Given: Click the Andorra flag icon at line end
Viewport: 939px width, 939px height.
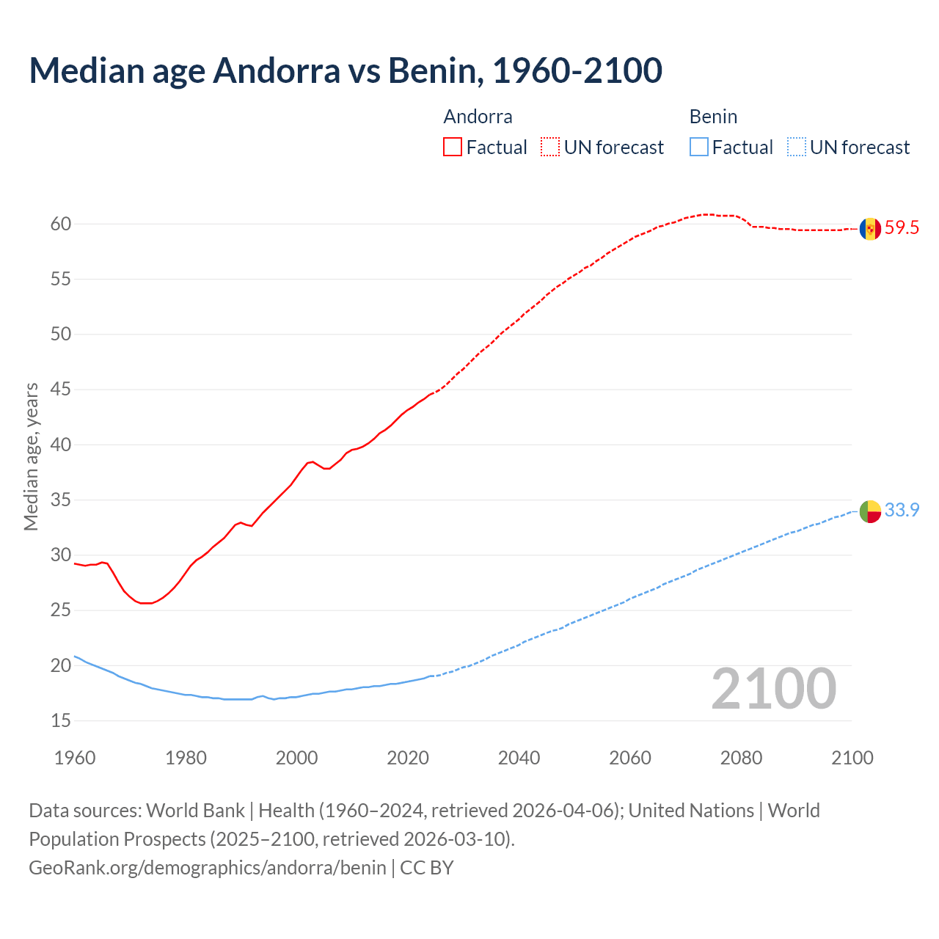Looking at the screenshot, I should pyautogui.click(x=870, y=228).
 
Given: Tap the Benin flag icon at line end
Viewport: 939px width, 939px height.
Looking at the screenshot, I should pyautogui.click(x=870, y=511).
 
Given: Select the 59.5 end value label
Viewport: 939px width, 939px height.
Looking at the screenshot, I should pyautogui.click(x=902, y=228).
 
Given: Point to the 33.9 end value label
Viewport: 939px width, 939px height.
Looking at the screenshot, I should pyautogui.click(x=902, y=511).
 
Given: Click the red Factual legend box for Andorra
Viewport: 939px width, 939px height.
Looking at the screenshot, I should pyautogui.click(x=453, y=147).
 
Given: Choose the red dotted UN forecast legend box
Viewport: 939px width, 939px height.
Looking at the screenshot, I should pyautogui.click(x=550, y=147).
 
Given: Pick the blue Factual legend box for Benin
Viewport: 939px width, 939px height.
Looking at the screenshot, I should pyautogui.click(x=699, y=147).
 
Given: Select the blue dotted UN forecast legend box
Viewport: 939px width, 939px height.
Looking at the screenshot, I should pyautogui.click(x=796, y=147).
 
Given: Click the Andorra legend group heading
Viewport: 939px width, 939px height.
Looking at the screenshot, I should pyautogui.click(x=478, y=117).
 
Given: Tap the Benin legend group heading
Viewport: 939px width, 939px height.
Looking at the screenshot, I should pyautogui.click(x=713, y=117).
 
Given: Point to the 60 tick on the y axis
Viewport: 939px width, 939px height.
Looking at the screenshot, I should pyautogui.click(x=61, y=224).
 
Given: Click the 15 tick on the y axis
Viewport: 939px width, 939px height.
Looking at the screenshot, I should pyautogui.click(x=61, y=721).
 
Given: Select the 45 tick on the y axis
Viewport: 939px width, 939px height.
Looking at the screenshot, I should pyautogui.click(x=61, y=390).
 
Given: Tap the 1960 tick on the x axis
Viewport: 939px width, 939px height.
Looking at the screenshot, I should pyautogui.click(x=75, y=758).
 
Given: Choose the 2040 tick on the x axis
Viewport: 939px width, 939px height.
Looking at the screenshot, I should pyautogui.click(x=519, y=758).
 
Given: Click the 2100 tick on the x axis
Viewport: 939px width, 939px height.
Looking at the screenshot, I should pyautogui.click(x=852, y=758).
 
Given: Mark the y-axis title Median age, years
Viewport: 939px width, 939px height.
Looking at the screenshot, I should pyautogui.click(x=31, y=456).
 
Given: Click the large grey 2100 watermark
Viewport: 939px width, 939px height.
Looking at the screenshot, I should pyautogui.click(x=773, y=688).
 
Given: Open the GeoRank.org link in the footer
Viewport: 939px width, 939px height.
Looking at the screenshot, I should pyautogui.click(x=207, y=868).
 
